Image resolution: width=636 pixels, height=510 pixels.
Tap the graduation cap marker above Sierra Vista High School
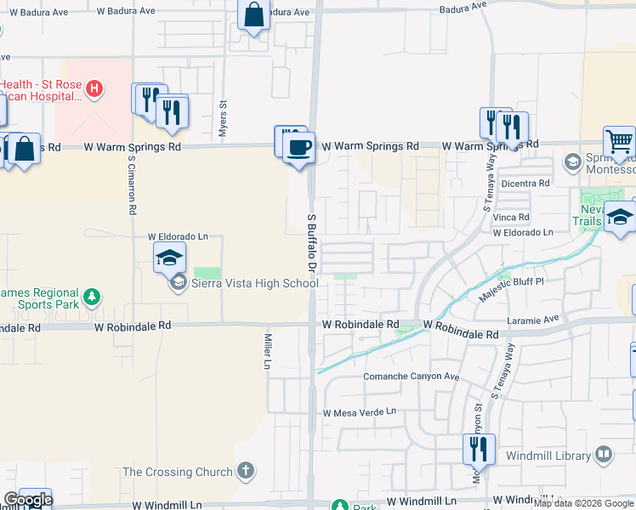click(x=169, y=257)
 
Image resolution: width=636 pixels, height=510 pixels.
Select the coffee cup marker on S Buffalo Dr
click(x=298, y=147)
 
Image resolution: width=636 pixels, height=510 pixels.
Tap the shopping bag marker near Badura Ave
click(x=253, y=15)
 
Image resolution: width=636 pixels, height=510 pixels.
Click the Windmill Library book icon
click(x=604, y=455)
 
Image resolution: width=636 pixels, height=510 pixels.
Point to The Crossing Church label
click(x=178, y=472)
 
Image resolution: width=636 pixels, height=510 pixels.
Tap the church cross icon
click(x=246, y=470)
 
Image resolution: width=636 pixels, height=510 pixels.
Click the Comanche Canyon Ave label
click(x=412, y=377)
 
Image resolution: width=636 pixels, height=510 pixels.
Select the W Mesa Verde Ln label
click(x=360, y=412)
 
